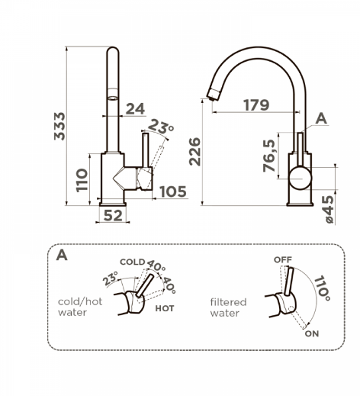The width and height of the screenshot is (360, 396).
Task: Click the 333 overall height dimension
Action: coord(59,126)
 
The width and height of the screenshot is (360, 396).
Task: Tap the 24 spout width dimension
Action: coord(135,109)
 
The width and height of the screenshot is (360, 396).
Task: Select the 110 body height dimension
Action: coord(82,180)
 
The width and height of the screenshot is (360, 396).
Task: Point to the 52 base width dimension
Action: coord(113,216)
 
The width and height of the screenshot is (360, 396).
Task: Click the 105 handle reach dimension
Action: coord(173,192)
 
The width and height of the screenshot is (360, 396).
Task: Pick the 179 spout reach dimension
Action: coord(256,105)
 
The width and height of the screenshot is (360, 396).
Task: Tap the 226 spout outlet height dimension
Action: coord(195,152)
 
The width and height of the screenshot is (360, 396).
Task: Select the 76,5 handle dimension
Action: coord(269,156)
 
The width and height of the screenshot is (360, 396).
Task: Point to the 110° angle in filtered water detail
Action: coord(322,288)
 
